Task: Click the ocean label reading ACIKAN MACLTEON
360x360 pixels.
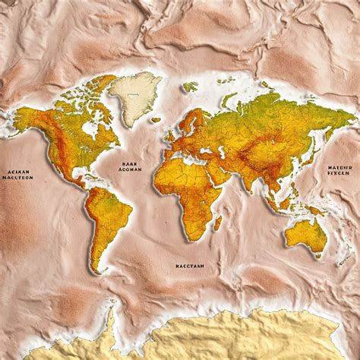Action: point(17,175)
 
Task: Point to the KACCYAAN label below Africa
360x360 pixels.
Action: point(189,267)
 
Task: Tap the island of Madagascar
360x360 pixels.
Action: point(217,223)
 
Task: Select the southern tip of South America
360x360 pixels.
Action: point(96,268)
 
